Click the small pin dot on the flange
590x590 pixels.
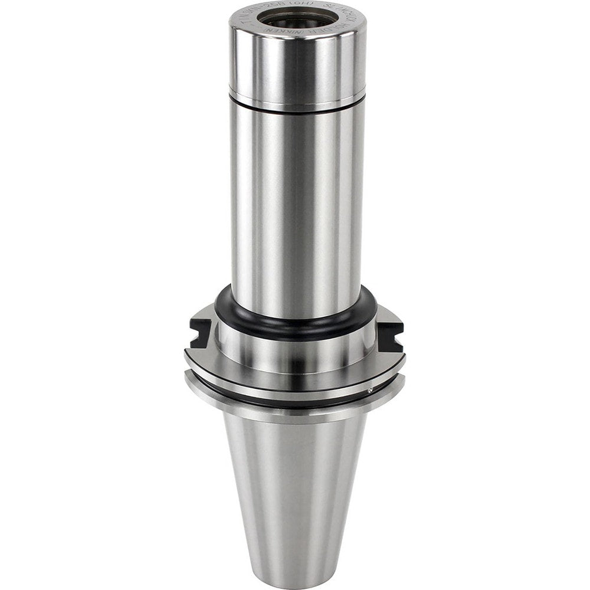click(x=369, y=390)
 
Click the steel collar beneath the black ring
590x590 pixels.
click(x=295, y=348)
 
